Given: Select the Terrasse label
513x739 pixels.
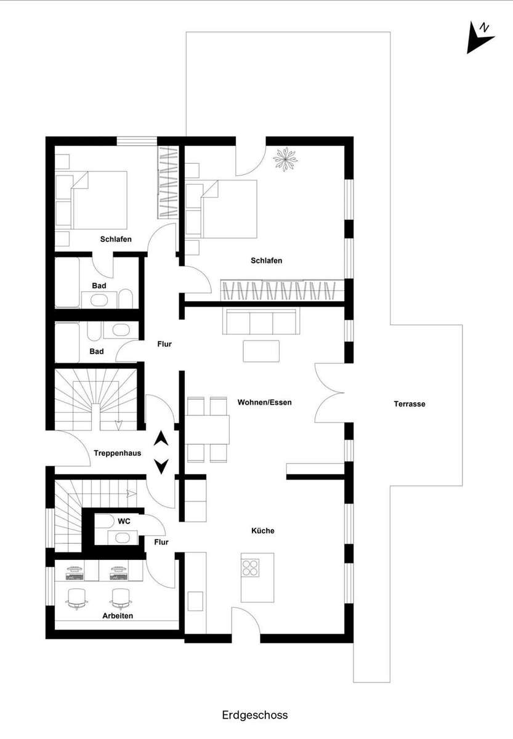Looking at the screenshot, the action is [410, 404].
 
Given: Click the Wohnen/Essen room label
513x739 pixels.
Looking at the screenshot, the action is [265, 402].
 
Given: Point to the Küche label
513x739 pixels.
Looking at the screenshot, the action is [262, 530].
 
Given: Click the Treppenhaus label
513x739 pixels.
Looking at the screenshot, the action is [118, 453].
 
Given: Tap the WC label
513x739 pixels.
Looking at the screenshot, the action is [124, 521].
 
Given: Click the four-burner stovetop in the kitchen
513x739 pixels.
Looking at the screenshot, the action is [250, 568].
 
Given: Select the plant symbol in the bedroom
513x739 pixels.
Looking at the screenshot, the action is [285, 160].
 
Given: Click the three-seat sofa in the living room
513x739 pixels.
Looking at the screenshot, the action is [261, 321].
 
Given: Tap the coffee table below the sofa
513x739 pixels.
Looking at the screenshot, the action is [261, 352].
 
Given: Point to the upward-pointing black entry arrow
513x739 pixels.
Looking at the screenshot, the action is [161, 438].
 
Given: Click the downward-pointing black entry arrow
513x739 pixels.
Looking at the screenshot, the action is [161, 467].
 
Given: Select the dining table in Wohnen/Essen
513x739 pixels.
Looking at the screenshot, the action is [207, 430].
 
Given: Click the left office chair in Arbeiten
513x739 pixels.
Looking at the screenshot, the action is [77, 599].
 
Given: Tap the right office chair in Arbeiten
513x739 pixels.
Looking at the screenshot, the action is [121, 599].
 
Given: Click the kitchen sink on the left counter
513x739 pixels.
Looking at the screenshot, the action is [195, 602].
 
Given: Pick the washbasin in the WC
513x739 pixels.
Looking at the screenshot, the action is [122, 538].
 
